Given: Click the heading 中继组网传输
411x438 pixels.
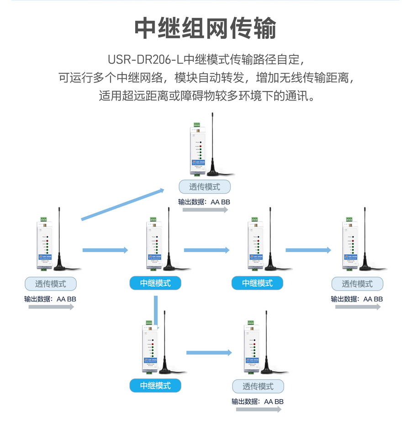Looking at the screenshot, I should (x=205, y=28).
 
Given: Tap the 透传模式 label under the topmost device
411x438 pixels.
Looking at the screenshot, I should (x=205, y=187).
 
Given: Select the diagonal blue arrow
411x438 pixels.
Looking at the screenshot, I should (x=123, y=204).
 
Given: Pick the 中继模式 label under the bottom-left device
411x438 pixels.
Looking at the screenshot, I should (x=155, y=385).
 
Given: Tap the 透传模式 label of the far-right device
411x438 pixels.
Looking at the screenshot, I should (x=357, y=284).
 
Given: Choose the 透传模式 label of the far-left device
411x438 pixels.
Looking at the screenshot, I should (x=51, y=284).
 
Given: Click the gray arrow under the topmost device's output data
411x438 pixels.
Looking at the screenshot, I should (x=205, y=210).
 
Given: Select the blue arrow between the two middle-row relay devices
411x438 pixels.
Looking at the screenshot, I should (x=206, y=250).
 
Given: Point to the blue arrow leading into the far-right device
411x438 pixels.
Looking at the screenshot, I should (x=308, y=250).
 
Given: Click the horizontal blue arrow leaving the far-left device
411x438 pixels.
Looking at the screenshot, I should (x=105, y=250).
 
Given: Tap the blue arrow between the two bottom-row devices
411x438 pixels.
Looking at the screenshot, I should (x=209, y=353).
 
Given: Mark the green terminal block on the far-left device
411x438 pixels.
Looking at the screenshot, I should (x=43, y=219).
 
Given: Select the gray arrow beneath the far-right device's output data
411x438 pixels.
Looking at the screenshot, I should (x=358, y=307).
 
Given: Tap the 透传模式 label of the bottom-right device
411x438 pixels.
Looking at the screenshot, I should (x=258, y=386).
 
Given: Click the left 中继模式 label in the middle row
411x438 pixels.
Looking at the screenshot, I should (x=155, y=283).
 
